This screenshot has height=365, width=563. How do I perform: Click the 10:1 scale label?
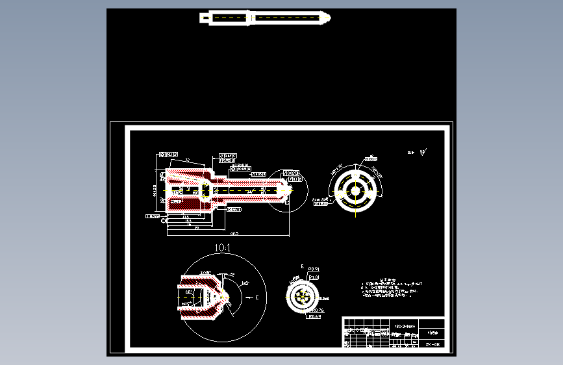(222, 248)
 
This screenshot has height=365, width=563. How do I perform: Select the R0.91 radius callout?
(314, 268)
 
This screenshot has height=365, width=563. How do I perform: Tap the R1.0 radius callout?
(314, 277)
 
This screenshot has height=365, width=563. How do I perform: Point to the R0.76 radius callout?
(316, 310)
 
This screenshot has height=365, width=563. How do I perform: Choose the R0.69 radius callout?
(315, 317)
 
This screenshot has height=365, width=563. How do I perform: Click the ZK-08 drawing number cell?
(432, 344)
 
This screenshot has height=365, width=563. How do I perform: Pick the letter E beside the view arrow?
(257, 297)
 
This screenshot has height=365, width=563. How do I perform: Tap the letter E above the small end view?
(302, 266)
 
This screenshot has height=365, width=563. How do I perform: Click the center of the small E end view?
(302, 297)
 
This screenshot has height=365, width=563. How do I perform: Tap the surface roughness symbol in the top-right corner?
(423, 152)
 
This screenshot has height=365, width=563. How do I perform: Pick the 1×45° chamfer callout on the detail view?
(206, 271)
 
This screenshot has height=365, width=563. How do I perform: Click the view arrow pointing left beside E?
(247, 297)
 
